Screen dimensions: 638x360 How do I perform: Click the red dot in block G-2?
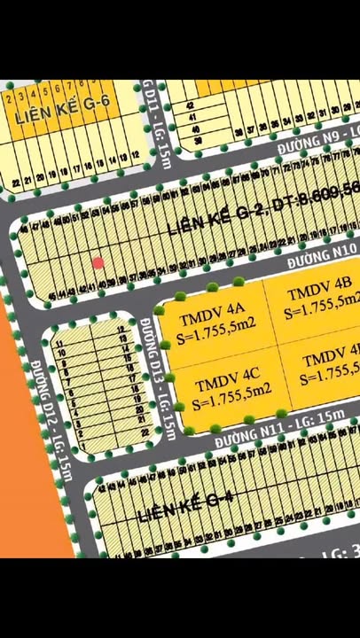click(98, 263)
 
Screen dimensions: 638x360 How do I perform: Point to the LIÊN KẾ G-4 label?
click(186, 506)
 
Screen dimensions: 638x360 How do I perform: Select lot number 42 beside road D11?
click(190, 105)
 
